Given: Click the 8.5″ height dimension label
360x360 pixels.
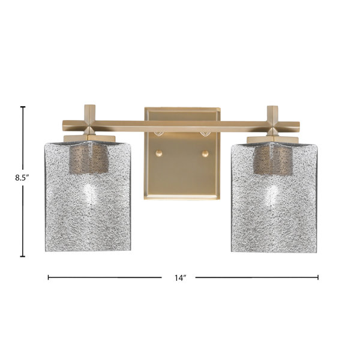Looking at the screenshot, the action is pyautogui.click(x=22, y=178).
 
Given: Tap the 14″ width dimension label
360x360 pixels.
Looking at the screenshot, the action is pyautogui.click(x=180, y=278).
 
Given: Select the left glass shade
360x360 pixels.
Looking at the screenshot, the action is pyautogui.click(x=88, y=197).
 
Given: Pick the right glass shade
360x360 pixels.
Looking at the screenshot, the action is pyautogui.click(x=274, y=197).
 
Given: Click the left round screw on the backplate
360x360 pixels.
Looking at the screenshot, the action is pyautogui.click(x=158, y=153).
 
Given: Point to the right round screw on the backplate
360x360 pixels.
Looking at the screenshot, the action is pyautogui.click(x=205, y=154).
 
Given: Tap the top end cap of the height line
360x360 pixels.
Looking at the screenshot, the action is pyautogui.click(x=23, y=107).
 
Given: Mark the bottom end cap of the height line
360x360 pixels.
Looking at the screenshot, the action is pyautogui.click(x=23, y=256).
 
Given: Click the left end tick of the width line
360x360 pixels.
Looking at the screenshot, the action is pyautogui.click(x=48, y=277).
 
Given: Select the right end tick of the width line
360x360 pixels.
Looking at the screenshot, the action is pyautogui.click(x=318, y=277).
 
